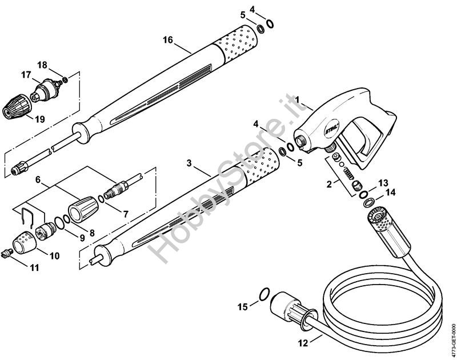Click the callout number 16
coord(167,39)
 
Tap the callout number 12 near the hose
coord(303,343)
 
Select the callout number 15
coord(243,307)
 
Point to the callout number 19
coord(40,119)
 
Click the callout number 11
coord(34,267)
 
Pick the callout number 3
coord(189,163)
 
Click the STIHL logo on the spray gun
coord(332,129)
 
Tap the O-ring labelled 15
coord(264,294)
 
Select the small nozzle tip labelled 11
coord(7,254)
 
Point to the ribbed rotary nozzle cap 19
coord(17,106)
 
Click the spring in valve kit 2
coord(348,174)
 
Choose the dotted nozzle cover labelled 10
coord(24,242)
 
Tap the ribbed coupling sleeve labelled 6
coord(83,209)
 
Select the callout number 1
coord(296,99)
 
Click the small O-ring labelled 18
coord(65,79)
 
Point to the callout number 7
coord(125,214)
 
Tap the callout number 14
coord(390,193)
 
